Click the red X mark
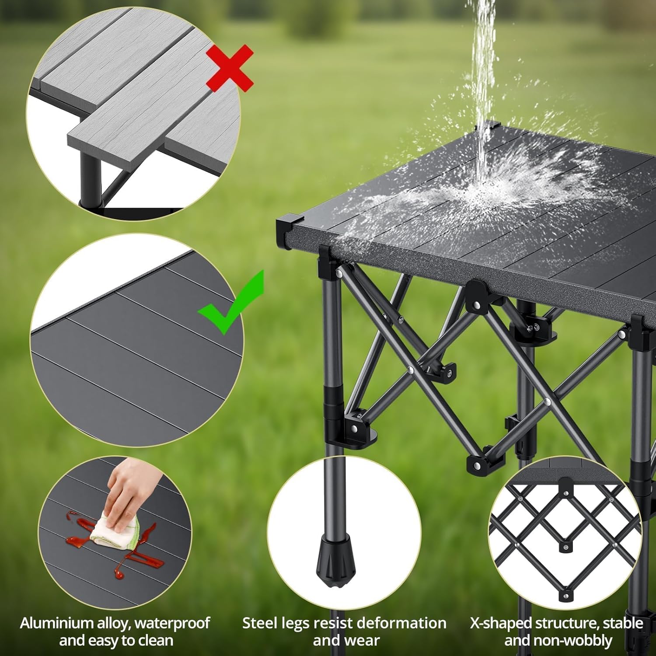[x=230, y=68]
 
